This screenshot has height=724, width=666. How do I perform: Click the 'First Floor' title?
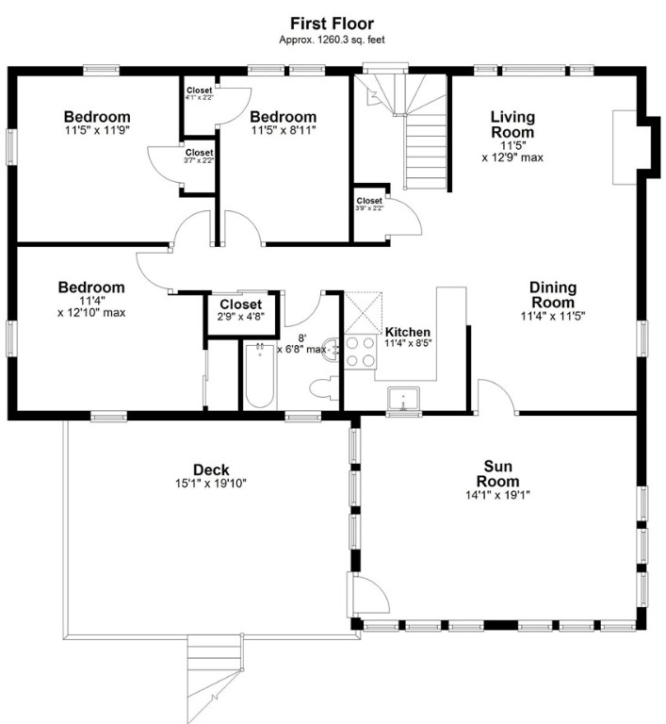click(332, 23)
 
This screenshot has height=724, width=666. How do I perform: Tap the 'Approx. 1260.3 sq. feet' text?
click(332, 40)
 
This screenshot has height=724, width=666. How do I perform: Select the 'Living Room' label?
click(512, 124)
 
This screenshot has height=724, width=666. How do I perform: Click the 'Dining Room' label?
click(552, 295)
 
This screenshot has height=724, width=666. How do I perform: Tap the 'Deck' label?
click(211, 469)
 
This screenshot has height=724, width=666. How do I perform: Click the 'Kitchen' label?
click(408, 332)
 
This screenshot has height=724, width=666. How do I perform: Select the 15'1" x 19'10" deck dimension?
click(211, 484)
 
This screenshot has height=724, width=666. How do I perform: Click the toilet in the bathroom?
click(321, 387)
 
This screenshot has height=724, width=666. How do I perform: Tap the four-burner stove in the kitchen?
click(359, 352)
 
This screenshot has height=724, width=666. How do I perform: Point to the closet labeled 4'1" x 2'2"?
click(199, 93)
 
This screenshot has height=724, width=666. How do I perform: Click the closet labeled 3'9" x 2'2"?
click(369, 204)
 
